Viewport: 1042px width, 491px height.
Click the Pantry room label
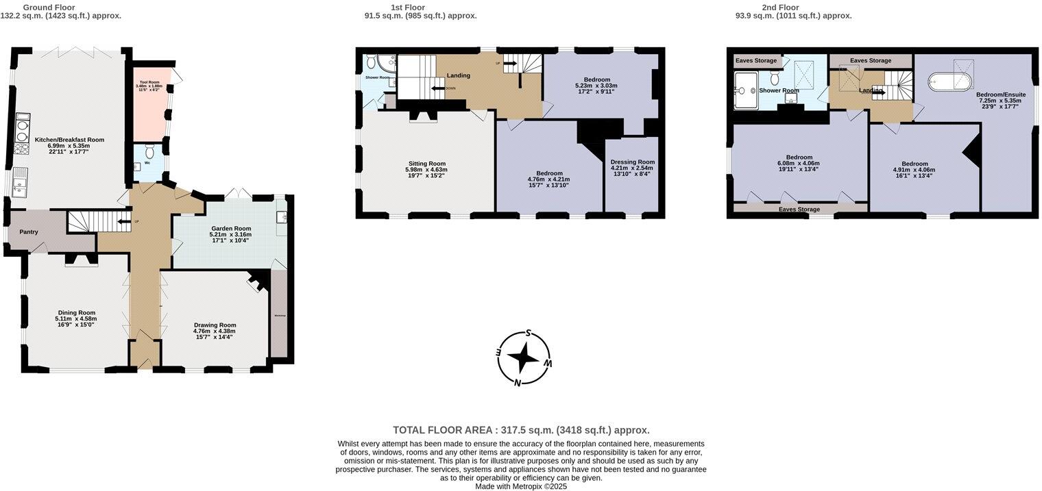tap(29, 231)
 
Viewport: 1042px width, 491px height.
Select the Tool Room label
tap(149, 82)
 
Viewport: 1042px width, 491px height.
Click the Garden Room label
tap(230, 228)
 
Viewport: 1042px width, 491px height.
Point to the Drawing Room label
tap(215, 325)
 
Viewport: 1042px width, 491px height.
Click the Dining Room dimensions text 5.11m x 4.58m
tap(76, 318)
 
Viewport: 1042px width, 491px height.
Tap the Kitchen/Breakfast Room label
tap(69, 140)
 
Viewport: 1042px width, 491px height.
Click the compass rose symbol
tap(524, 357)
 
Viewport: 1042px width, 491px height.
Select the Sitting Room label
tap(427, 164)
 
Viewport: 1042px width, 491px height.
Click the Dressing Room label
tap(633, 162)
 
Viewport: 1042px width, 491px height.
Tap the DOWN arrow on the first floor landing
tap(439, 88)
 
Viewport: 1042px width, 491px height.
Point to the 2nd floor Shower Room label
tap(779, 90)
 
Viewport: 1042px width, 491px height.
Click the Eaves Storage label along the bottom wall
tap(799, 209)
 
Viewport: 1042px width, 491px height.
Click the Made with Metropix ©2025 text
tap(521, 486)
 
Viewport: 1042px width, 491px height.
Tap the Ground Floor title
tap(49, 8)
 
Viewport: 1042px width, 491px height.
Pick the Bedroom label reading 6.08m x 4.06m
tap(799, 157)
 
